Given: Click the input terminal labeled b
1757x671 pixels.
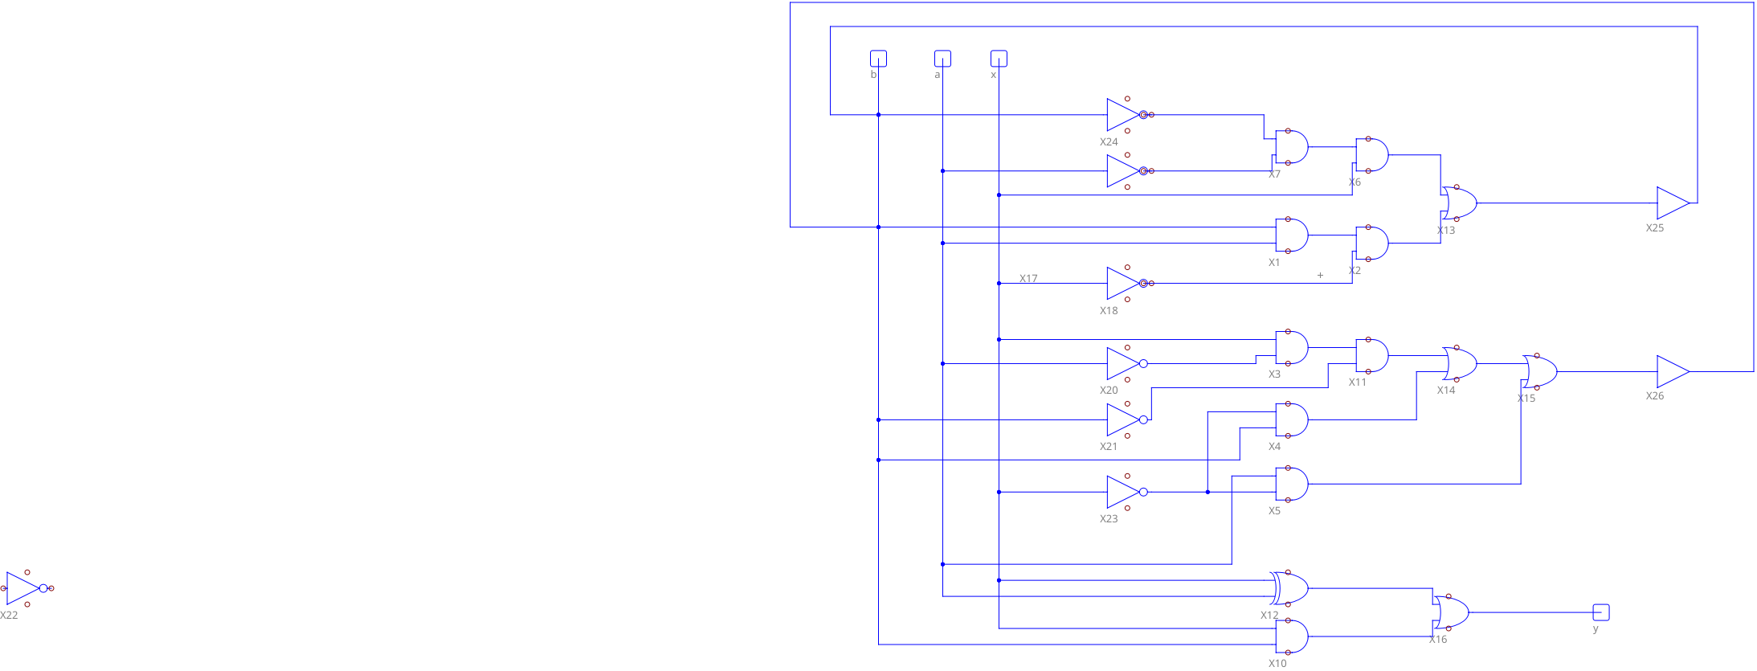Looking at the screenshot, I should (x=878, y=59).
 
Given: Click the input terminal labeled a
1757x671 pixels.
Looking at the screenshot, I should (x=942, y=59).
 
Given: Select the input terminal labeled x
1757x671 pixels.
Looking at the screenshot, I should (x=999, y=59).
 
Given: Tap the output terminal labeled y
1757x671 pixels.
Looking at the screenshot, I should (x=1600, y=612).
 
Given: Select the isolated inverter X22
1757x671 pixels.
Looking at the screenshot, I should (x=24, y=588).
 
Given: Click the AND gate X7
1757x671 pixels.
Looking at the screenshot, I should (x=1291, y=147).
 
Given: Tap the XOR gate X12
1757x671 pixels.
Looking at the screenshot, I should (x=1290, y=588).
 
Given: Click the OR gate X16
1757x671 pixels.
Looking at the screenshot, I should (x=1452, y=612).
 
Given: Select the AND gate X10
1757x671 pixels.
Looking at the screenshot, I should (x=1291, y=636).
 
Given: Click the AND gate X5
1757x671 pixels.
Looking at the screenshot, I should (x=1291, y=484).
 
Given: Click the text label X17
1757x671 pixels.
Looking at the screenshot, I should (x=1028, y=279).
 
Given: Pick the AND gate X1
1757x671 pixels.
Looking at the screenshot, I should (x=1291, y=235).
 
